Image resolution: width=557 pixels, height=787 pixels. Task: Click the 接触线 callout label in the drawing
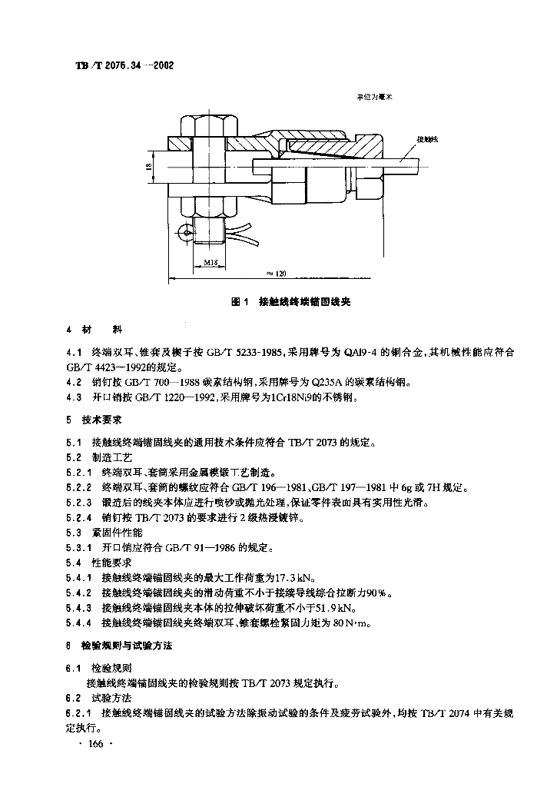(426, 139)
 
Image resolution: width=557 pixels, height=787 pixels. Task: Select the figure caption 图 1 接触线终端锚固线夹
(290, 302)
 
